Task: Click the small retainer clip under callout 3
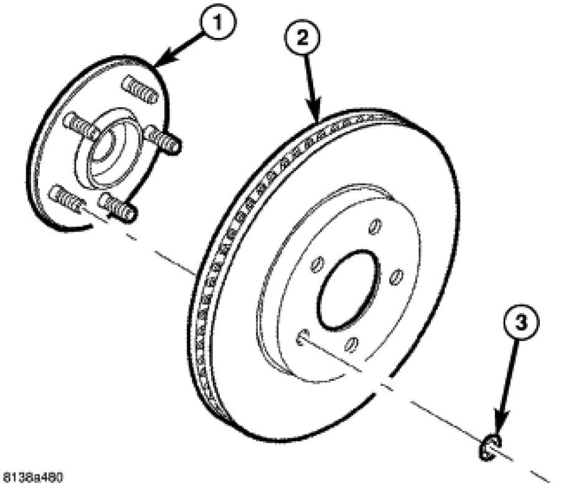pos(491,447)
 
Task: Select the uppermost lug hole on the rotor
pos(374,227)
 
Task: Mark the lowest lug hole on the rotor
pos(352,342)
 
